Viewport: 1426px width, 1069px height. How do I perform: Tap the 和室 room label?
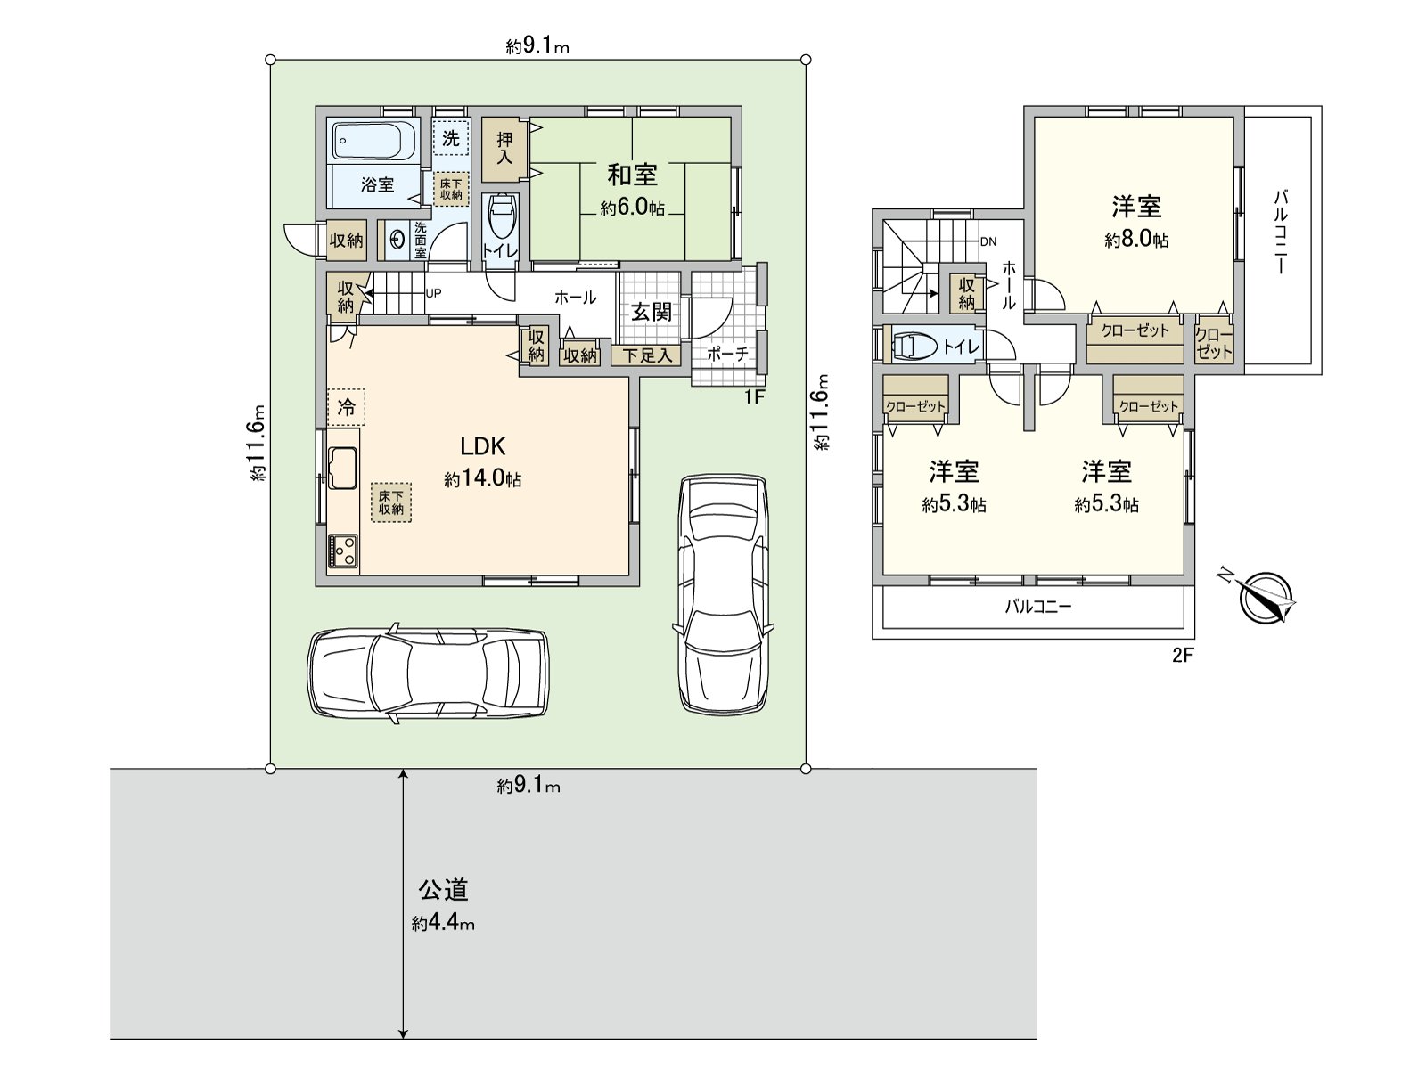pyautogui.click(x=633, y=174)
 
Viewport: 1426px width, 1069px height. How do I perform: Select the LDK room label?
pyautogui.click(x=483, y=446)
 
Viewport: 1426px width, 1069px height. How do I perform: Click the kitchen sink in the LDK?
pyautogui.click(x=343, y=468)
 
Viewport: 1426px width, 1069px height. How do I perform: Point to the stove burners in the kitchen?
pyautogui.click(x=342, y=551)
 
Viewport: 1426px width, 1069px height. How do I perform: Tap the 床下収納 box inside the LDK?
pyautogui.click(x=391, y=502)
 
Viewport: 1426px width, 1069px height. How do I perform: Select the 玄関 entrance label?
pyautogui.click(x=652, y=312)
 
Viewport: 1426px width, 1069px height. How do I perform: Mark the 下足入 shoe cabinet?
pyautogui.click(x=646, y=355)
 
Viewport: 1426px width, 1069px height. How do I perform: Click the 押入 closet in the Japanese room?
pyautogui.click(x=505, y=149)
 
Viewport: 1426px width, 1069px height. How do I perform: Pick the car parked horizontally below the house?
pyautogui.click(x=428, y=673)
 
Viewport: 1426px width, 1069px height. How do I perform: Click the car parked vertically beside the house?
pyautogui.click(x=722, y=592)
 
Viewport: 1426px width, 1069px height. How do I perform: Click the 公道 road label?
pyautogui.click(x=444, y=889)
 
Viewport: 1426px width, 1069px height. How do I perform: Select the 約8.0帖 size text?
pyautogui.click(x=1136, y=240)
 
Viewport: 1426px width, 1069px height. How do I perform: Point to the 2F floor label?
pyautogui.click(x=1182, y=657)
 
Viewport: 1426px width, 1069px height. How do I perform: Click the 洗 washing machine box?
pyautogui.click(x=451, y=138)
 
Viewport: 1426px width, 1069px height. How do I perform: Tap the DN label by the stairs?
pyautogui.click(x=988, y=241)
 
